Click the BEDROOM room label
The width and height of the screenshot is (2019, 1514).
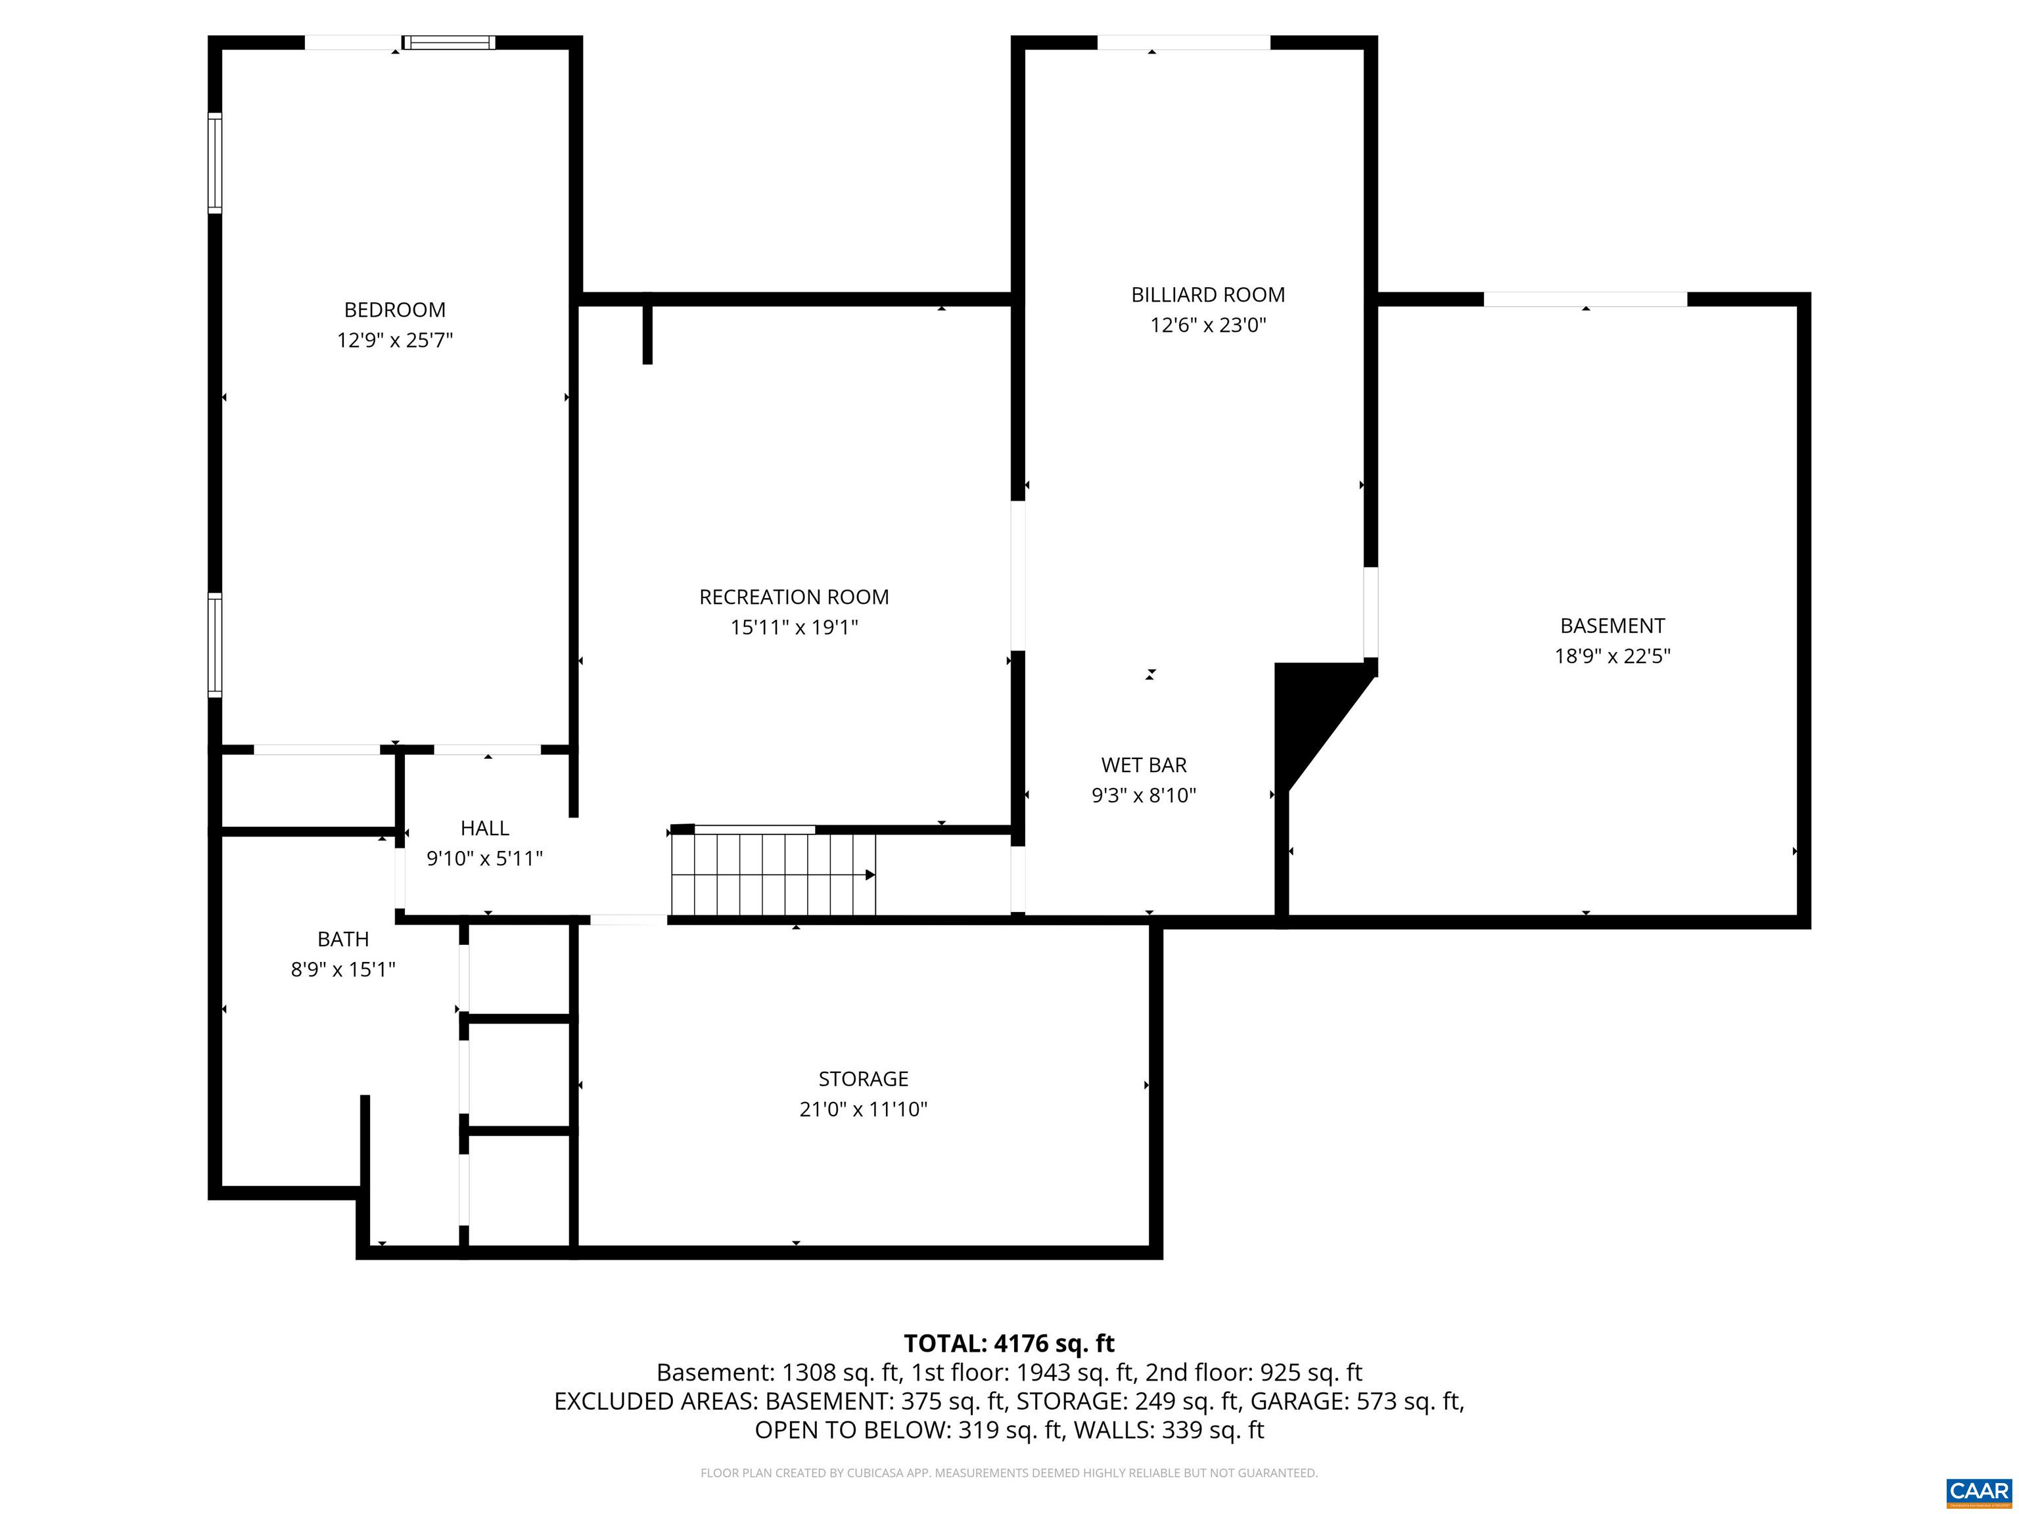tap(394, 310)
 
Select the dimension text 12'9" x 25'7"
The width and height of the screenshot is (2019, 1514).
tap(394, 340)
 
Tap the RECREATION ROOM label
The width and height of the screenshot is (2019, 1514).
tap(793, 597)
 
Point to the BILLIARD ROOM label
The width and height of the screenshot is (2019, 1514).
tap(1207, 295)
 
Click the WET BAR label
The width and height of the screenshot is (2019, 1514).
tap(1143, 765)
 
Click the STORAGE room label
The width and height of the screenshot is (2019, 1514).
tap(862, 1079)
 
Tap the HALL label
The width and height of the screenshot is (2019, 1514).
tap(484, 828)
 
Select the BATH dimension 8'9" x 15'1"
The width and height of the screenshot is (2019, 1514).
tap(342, 969)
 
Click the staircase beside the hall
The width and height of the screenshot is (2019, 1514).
tap(772, 874)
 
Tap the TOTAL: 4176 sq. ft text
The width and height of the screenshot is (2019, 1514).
tap(1009, 1343)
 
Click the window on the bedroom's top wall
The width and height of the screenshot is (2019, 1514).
tap(449, 42)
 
